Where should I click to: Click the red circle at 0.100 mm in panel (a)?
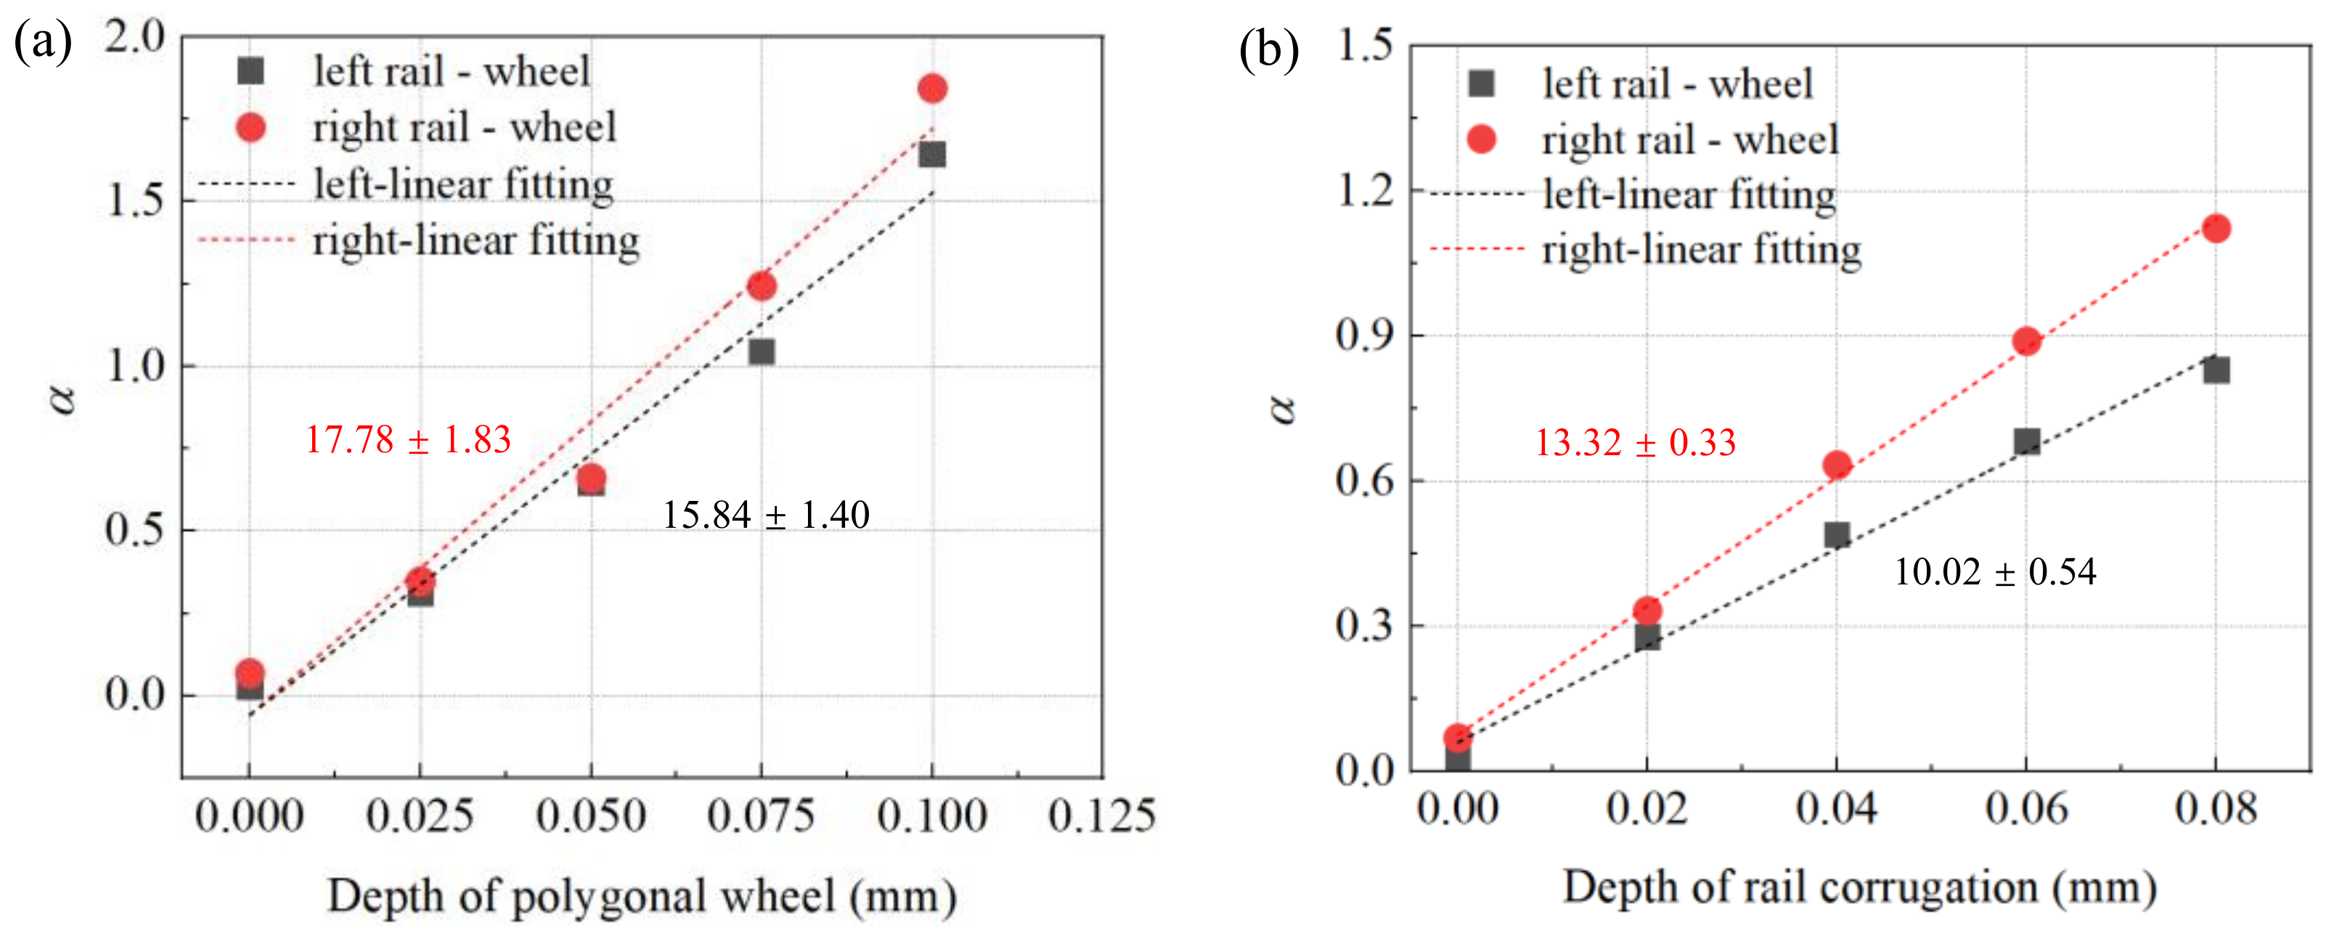[x=932, y=89]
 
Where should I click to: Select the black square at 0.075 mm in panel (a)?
[x=762, y=351]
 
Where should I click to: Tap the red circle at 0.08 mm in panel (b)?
[x=2215, y=229]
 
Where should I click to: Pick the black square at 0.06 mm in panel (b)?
[x=2026, y=441]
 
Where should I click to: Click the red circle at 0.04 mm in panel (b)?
[x=1837, y=465]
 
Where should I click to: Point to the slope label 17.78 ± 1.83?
[x=408, y=440]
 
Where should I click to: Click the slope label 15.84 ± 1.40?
[x=766, y=515]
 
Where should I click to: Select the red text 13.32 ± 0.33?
[x=1636, y=442]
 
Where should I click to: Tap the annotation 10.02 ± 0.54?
[x=1995, y=571]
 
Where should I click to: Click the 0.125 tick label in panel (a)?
[x=1101, y=815]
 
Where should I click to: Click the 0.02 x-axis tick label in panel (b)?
[x=1646, y=807]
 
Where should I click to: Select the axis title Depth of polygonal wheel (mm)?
[x=642, y=897]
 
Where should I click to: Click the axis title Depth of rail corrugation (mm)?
[x=1860, y=887]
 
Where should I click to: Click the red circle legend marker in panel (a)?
[x=250, y=127]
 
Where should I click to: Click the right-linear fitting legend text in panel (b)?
[x=1701, y=250]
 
